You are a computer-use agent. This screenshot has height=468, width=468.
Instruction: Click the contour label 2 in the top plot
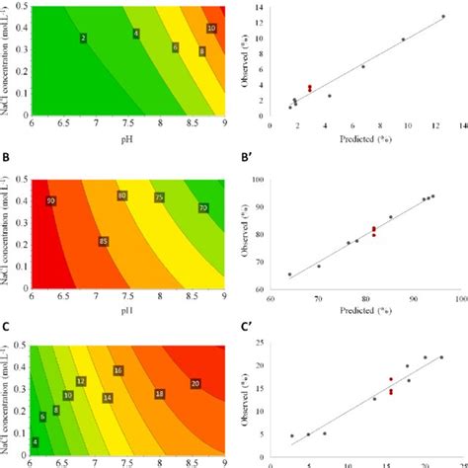pos(83,38)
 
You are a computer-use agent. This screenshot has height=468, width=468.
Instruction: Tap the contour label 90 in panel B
pos(50,201)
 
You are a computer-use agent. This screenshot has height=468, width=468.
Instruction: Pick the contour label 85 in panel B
pos(103,241)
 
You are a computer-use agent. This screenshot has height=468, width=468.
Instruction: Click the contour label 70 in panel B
pos(202,208)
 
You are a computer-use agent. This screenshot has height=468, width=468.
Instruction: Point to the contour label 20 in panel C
pos(195,383)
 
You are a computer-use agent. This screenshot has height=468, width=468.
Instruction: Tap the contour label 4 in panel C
pos(36,442)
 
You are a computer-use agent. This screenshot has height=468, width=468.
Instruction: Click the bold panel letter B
pos(8,160)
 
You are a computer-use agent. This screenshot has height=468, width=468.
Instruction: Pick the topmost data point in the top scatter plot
pos(442,16)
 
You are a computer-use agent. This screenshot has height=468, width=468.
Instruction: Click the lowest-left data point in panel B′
pos(289,274)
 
